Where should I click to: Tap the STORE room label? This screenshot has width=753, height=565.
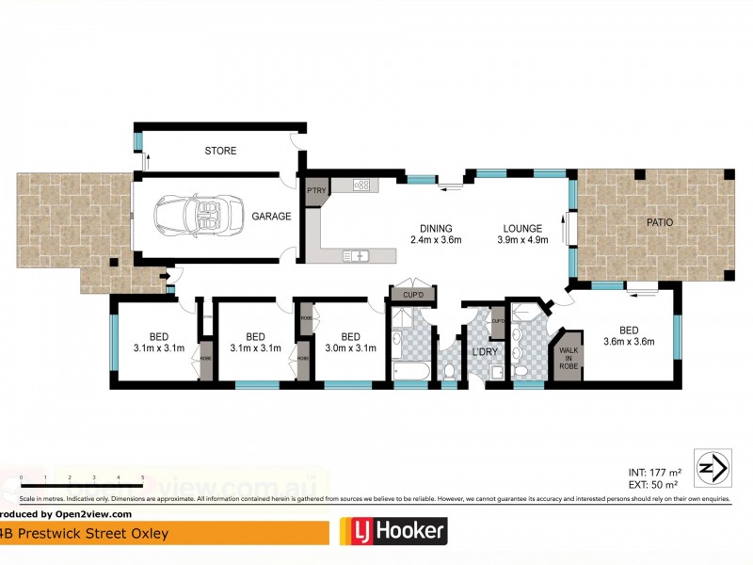point(220,151)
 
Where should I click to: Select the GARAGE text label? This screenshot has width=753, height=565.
point(271,216)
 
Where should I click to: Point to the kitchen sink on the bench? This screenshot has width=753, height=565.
point(358,255)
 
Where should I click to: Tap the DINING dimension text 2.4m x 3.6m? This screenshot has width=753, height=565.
point(437,240)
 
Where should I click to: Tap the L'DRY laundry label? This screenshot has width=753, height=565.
point(485,351)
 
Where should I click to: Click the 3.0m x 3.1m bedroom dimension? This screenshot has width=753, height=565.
point(350,347)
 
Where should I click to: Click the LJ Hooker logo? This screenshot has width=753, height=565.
point(393,532)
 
